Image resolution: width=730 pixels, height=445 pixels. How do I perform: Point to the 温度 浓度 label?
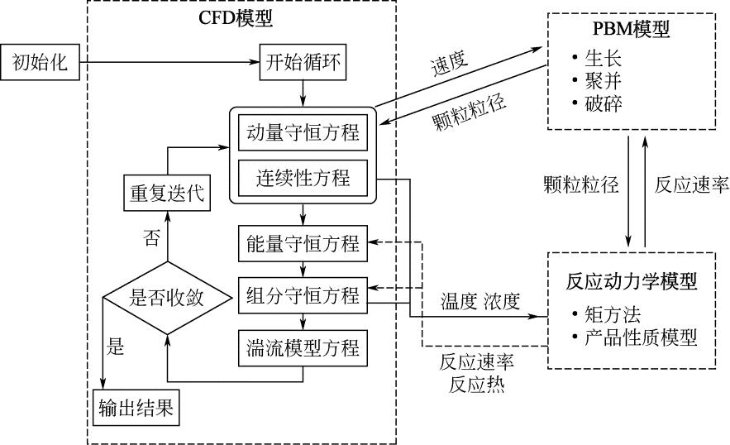(480, 301)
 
